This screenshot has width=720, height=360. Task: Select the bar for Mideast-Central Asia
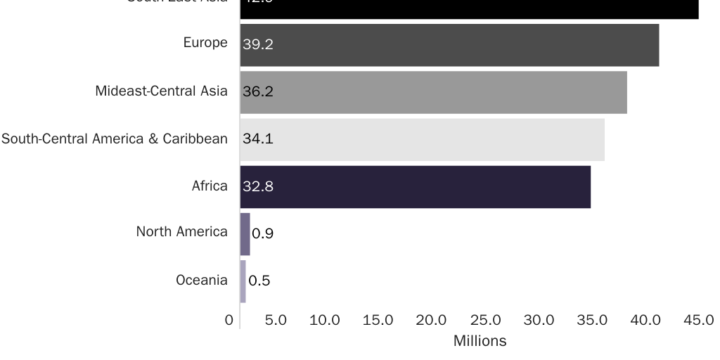pyautogui.click(x=433, y=92)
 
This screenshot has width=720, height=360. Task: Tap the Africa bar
pyautogui.click(x=415, y=186)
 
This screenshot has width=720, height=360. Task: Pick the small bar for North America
pyautogui.click(x=245, y=233)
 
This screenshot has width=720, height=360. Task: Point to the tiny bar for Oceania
pyautogui.click(x=243, y=281)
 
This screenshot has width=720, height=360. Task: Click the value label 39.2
pyautogui.click(x=258, y=44)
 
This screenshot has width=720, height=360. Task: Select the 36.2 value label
pyautogui.click(x=258, y=92)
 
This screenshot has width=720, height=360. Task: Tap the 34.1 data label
pyautogui.click(x=258, y=139)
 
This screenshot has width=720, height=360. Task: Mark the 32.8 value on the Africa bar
pyautogui.click(x=258, y=186)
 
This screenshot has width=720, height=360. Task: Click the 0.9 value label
pyautogui.click(x=262, y=234)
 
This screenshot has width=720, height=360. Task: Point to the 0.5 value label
pyautogui.click(x=259, y=281)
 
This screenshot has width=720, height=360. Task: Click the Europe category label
pyautogui.click(x=205, y=43)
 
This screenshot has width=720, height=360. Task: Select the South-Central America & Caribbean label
pyautogui.click(x=115, y=139)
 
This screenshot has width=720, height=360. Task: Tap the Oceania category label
pyautogui.click(x=202, y=281)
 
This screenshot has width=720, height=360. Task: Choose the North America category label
pyautogui.click(x=182, y=231)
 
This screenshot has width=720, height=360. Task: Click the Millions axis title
pyautogui.click(x=480, y=342)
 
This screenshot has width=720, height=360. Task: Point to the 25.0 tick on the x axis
pyautogui.click(x=485, y=321)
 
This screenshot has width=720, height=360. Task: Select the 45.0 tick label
pyautogui.click(x=699, y=321)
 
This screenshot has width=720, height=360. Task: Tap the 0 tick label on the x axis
pyautogui.click(x=229, y=321)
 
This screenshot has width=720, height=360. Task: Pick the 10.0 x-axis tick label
pyautogui.click(x=325, y=321)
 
